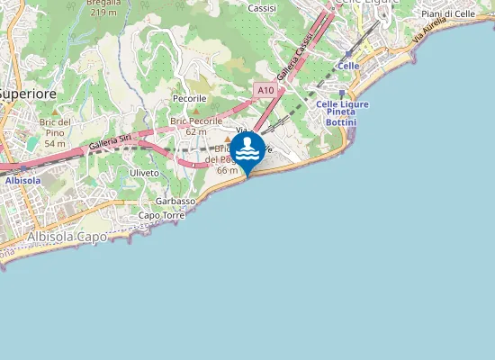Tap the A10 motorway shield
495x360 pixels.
(265, 90)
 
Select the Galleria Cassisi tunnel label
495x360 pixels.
(294, 59)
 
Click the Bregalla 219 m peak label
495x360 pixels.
(104, 8)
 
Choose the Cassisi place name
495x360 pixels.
(262, 7)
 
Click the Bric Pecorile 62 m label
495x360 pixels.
(189, 125)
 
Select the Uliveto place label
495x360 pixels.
(144, 172)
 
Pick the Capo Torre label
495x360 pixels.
(161, 216)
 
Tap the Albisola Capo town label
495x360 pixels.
(67, 237)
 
